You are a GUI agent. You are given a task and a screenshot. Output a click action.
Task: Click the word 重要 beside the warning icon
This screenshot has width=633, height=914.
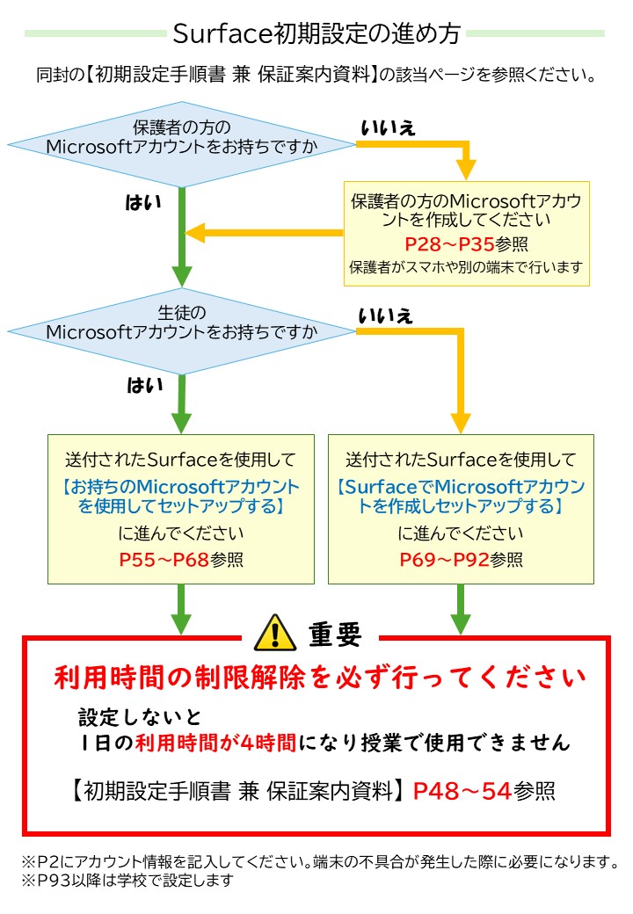[x=335, y=634]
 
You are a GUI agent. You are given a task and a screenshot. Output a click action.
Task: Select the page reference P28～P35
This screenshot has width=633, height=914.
[x=440, y=243]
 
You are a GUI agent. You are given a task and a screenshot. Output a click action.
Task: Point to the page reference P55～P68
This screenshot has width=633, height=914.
[x=164, y=559]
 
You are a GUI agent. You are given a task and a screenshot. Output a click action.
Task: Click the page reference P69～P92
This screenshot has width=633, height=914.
[x=444, y=559]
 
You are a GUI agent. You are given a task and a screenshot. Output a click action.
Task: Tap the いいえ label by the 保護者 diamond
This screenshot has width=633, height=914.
[x=388, y=128]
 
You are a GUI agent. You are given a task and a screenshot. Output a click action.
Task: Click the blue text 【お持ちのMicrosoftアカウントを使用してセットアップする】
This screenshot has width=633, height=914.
[x=180, y=497]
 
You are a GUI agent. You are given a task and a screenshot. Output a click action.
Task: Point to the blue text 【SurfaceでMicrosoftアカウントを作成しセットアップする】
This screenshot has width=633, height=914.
[x=461, y=497]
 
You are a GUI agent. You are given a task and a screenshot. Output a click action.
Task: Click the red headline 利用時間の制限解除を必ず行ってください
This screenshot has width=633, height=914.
[x=319, y=678]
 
